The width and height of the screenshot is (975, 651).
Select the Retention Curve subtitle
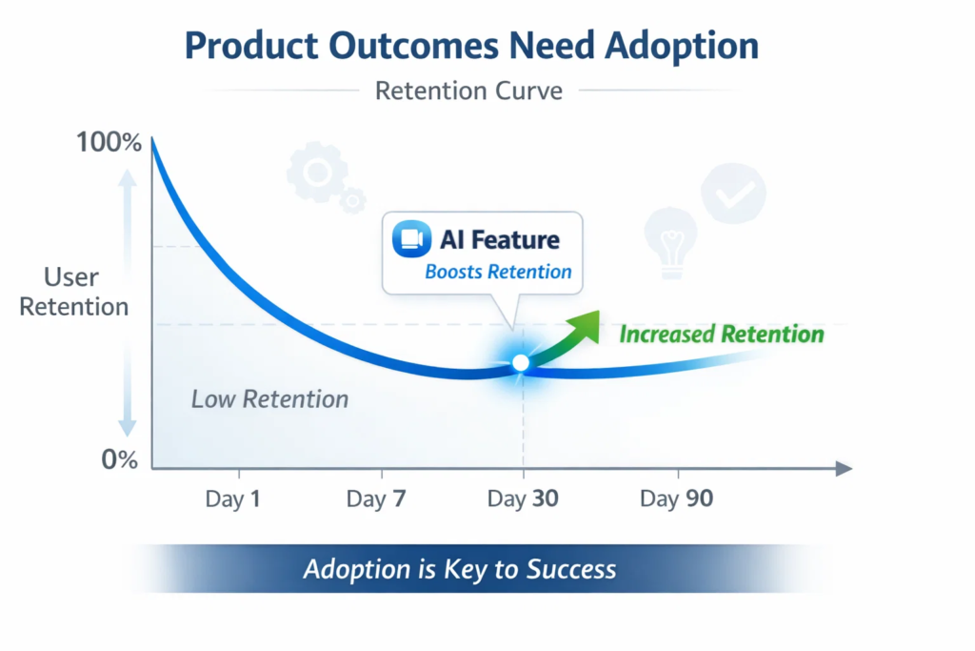(x=468, y=91)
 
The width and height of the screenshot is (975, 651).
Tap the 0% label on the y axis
(x=120, y=459)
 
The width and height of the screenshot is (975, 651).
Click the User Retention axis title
(x=73, y=292)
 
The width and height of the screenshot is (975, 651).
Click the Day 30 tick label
(x=522, y=498)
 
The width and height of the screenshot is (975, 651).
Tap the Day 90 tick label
(x=676, y=498)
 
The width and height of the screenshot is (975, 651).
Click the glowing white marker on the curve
(x=520, y=362)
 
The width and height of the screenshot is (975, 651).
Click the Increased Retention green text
(x=721, y=335)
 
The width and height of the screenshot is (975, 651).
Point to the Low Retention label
(x=269, y=398)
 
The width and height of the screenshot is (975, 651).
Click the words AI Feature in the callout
(x=500, y=239)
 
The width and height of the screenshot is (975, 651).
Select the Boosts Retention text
(x=498, y=272)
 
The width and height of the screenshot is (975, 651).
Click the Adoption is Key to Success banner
(x=460, y=569)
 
